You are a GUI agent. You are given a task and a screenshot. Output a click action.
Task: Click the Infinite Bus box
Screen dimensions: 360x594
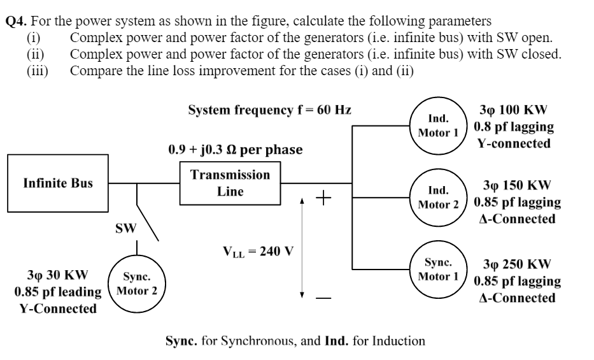(x=58, y=184)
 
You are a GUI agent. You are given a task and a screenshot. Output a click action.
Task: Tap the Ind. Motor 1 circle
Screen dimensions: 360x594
(x=438, y=126)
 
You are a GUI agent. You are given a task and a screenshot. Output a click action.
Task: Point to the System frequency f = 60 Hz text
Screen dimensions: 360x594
(x=270, y=110)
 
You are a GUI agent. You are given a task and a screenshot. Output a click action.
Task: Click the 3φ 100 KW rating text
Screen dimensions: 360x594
(x=516, y=110)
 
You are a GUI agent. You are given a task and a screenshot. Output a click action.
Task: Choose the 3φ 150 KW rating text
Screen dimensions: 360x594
(x=516, y=186)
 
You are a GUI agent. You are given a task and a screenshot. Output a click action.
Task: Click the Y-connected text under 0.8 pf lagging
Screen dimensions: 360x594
(x=514, y=143)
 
